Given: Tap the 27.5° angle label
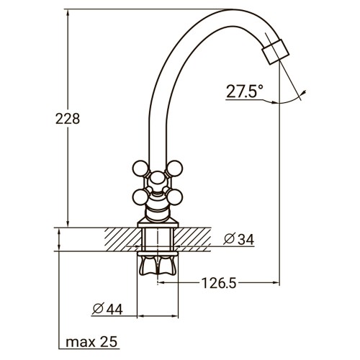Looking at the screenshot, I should click(245, 91).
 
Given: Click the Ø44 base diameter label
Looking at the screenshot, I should click(107, 309).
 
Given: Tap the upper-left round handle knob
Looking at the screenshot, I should click(141, 170).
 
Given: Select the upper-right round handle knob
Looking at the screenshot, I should click(174, 170).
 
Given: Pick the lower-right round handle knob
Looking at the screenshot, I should click(174, 196).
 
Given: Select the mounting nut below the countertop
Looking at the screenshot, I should click(158, 267).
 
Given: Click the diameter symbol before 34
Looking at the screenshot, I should click(228, 239).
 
